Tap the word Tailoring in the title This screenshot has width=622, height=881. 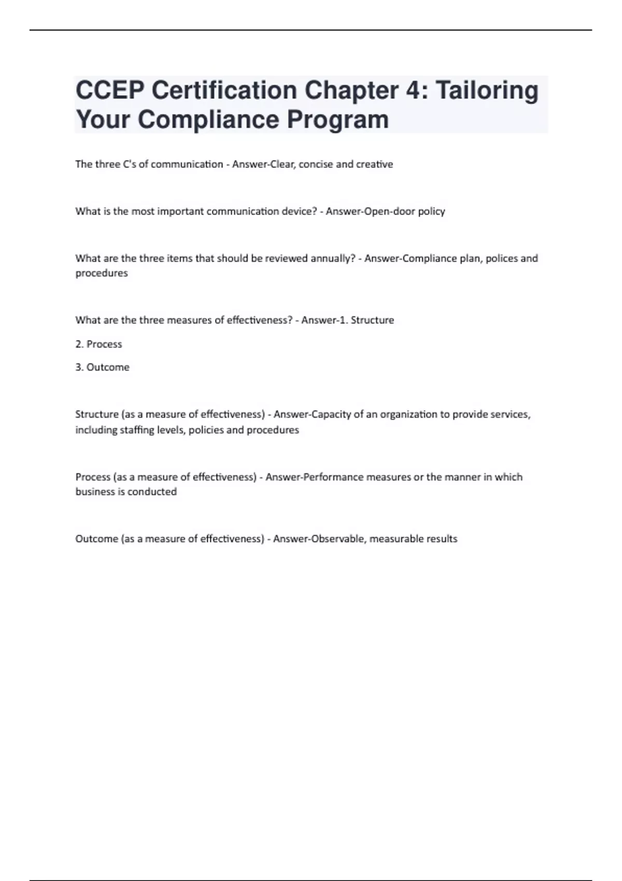click(x=487, y=91)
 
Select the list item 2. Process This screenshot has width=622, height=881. click(x=98, y=344)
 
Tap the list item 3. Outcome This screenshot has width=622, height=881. click(x=102, y=367)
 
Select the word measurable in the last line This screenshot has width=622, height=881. click(x=389, y=539)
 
